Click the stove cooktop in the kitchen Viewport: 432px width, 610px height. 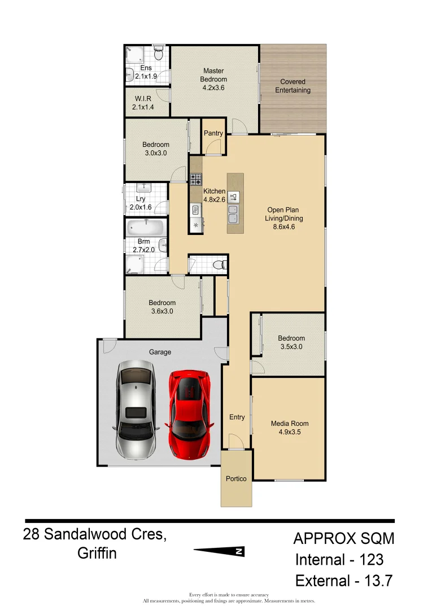(196, 179)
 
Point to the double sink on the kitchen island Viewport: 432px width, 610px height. (233, 214)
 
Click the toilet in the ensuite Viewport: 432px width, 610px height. (158, 54)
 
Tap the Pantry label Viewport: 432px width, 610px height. (213, 133)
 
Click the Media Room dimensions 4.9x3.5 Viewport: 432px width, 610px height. (290, 432)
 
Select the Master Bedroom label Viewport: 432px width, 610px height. (214, 75)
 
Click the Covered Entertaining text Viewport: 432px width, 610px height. (293, 86)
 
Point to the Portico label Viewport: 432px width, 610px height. (236, 478)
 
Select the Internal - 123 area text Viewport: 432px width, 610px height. (339, 560)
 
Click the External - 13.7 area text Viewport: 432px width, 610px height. (343, 581)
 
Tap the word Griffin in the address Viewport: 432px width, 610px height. (97, 553)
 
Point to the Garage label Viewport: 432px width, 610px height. (160, 352)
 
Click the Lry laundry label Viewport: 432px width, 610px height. (141, 199)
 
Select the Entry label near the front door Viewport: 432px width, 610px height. (237, 417)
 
